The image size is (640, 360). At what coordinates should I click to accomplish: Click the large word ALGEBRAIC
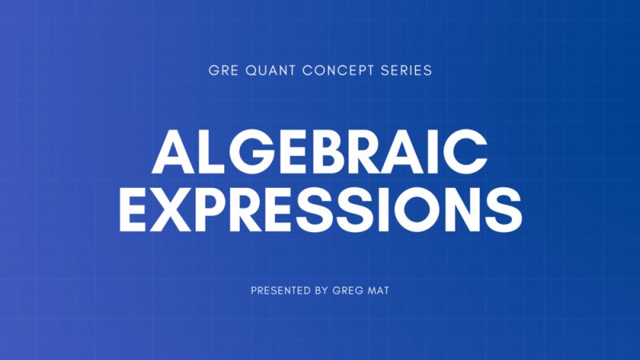[319, 150]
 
